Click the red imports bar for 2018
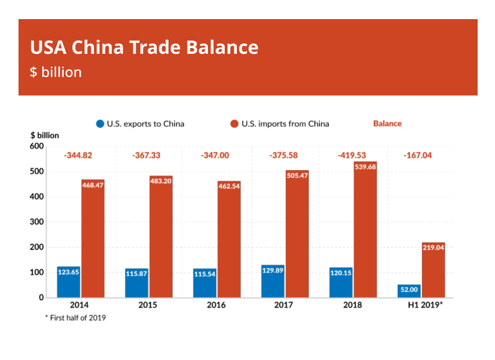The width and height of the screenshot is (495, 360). pos(365,232)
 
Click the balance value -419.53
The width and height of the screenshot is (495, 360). pos(351,156)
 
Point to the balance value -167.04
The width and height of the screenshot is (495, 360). pos(420,156)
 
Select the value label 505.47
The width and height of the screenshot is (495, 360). pos(297,175)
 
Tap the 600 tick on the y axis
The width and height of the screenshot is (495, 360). pos(36,146)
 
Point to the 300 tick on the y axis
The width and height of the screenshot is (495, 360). pos(36,222)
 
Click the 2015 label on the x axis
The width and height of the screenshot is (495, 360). pos(148,305)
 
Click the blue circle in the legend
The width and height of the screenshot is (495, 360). pos(100,123)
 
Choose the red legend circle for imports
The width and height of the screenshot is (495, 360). pos(234,123)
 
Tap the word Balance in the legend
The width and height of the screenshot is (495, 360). pos(387,123)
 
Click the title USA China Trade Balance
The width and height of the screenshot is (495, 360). pos(144,47)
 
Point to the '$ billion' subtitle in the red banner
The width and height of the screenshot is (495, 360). pos(56,72)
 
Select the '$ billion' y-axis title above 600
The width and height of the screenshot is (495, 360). pos(45,135)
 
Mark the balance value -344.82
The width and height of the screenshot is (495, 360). pos(78,156)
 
